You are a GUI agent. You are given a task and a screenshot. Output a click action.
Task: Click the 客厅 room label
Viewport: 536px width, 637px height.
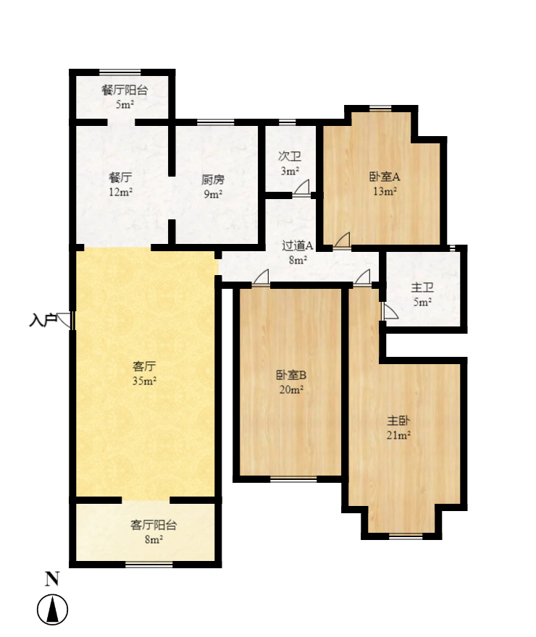tap(145, 367)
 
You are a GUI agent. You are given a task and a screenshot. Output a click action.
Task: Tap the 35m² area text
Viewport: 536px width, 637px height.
tap(145, 381)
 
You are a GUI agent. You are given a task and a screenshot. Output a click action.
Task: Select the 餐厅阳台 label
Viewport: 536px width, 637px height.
tap(125, 90)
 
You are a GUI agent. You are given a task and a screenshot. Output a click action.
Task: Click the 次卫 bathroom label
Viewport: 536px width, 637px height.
tap(290, 156)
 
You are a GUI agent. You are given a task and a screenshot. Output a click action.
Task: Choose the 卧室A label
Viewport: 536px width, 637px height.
tap(384, 177)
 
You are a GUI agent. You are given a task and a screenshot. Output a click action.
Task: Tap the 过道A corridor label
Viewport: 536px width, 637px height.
tap(298, 245)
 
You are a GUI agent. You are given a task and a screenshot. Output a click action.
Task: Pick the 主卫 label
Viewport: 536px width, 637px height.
tap(422, 287)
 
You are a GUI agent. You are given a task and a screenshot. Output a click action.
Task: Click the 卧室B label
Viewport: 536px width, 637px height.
tap(291, 375)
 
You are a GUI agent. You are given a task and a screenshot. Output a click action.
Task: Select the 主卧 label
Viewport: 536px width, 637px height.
tap(398, 421)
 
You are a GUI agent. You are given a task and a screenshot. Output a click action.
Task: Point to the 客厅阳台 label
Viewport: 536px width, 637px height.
tap(154, 525)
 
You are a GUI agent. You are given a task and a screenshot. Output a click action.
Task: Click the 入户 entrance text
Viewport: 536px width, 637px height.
tap(43, 319)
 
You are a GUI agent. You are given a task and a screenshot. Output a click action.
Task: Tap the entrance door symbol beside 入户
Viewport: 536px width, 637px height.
tap(65, 320)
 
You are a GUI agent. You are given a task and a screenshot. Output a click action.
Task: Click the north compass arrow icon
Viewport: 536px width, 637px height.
tap(52, 609)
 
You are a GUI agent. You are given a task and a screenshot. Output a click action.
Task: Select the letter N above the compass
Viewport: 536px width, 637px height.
tap(52, 578)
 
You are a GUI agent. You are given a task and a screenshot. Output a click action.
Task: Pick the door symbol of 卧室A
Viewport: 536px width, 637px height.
tap(343, 240)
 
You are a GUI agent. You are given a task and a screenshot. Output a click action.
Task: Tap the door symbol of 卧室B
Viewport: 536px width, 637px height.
tap(261, 277)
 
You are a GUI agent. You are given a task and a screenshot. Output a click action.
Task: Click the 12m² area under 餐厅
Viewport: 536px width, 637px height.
tap(120, 192)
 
